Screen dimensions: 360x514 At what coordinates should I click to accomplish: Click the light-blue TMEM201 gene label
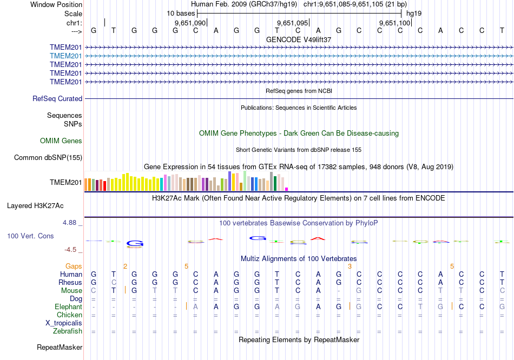tap(66, 56)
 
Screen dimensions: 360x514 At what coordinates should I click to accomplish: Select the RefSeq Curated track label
tap(57, 99)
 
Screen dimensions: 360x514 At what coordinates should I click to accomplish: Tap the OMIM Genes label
tap(61, 141)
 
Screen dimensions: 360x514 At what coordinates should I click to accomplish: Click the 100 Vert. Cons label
tap(30, 236)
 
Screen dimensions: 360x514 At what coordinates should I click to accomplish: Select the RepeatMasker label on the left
tap(60, 347)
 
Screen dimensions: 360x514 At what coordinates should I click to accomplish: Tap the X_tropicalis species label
tap(64, 323)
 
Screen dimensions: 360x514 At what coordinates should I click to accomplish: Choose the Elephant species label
tap(68, 306)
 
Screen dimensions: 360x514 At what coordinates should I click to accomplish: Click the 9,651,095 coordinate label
tap(292, 23)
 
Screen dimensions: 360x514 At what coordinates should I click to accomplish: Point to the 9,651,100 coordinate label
tap(395, 23)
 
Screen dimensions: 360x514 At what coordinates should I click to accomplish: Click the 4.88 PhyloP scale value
tap(73, 222)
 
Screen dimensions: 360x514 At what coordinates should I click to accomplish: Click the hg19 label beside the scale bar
tap(414, 13)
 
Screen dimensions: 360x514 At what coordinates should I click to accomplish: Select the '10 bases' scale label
tap(181, 13)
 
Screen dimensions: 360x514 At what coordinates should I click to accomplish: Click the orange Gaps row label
tap(74, 266)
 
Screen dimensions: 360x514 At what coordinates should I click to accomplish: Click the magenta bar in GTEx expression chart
tap(286, 189)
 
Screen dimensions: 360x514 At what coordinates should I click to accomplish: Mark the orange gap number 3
tap(350, 266)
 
